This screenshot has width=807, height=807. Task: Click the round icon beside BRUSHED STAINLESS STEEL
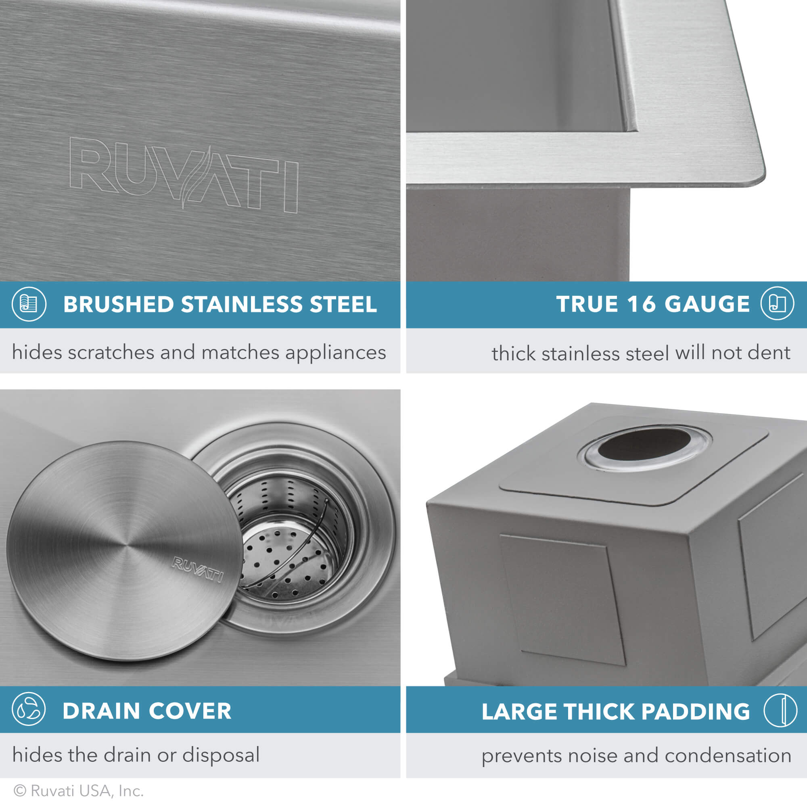[29, 304]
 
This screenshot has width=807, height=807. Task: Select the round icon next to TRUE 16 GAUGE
[777, 304]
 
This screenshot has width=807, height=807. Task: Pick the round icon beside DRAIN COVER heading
[29, 709]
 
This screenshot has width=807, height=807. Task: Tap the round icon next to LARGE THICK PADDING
[780, 710]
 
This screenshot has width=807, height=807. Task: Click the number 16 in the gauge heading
[641, 304]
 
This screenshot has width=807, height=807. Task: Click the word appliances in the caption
[335, 353]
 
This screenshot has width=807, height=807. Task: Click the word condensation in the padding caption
[728, 755]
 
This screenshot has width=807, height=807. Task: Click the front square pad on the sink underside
[562, 600]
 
